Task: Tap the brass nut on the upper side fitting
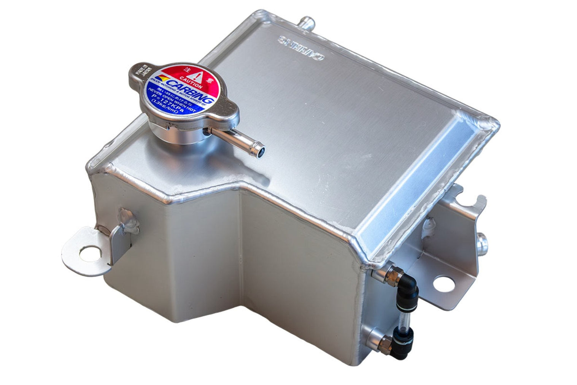pyautogui.click(x=390, y=273)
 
